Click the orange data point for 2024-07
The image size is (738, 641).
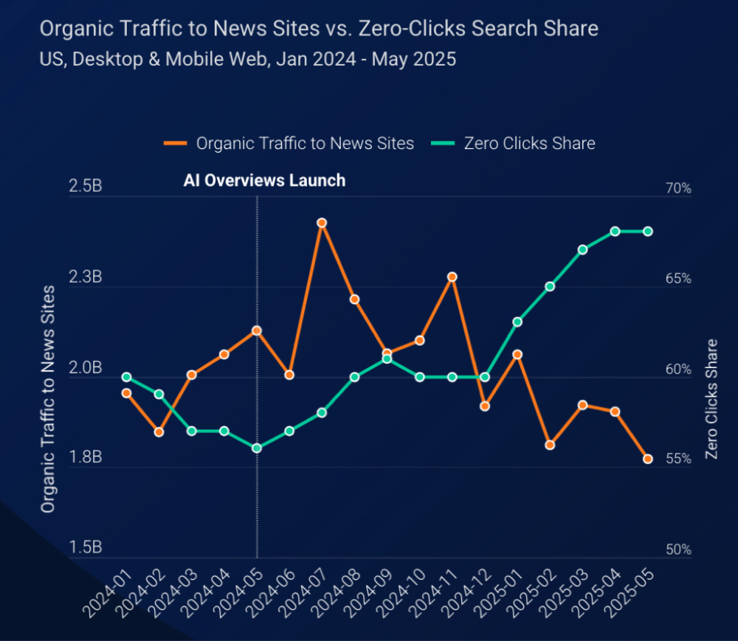(x=322, y=223)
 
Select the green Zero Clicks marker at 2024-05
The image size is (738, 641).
(x=257, y=448)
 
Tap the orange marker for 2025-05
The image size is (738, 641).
(x=648, y=459)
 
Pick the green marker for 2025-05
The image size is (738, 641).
(x=648, y=232)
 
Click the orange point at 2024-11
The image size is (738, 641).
(x=452, y=277)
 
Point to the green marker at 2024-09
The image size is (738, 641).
(x=387, y=359)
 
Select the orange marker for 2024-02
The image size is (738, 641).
(x=159, y=432)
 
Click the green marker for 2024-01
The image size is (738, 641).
(x=126, y=377)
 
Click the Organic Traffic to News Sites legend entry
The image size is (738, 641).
(x=289, y=143)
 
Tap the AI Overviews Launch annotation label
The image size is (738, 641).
(x=264, y=181)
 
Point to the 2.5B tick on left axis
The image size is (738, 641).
(x=86, y=187)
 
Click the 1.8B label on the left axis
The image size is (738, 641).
(x=86, y=458)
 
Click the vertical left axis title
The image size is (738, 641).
(x=48, y=398)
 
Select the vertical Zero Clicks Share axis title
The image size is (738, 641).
(x=712, y=398)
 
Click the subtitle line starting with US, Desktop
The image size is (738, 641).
(x=247, y=59)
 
